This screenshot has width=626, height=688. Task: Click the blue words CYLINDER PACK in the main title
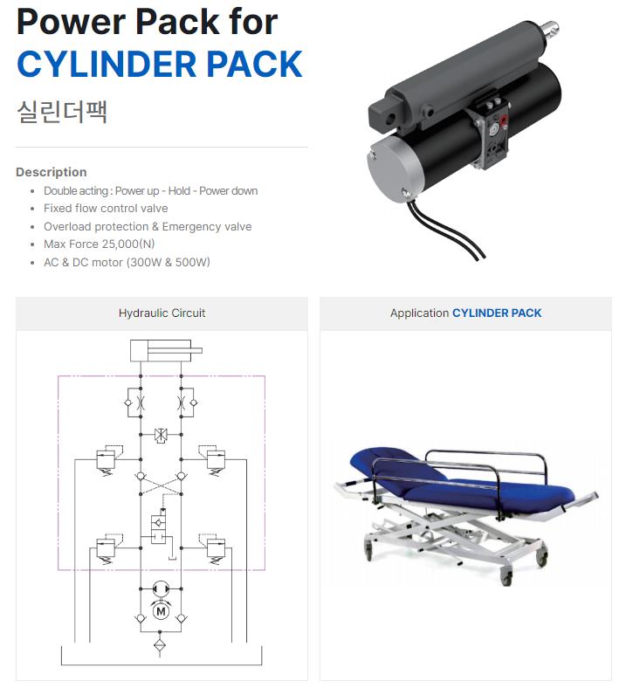tap(160, 64)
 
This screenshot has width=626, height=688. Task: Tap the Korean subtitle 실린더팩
tap(62, 112)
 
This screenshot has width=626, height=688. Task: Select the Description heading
tap(52, 172)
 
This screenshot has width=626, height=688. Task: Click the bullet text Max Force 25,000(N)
tap(100, 244)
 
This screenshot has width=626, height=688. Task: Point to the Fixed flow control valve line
tap(106, 209)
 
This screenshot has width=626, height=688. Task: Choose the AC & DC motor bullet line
tap(127, 263)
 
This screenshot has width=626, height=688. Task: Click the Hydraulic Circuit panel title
tap(162, 313)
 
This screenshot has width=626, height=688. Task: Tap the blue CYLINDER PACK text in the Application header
tap(497, 313)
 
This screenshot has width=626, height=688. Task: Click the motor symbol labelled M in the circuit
tap(161, 611)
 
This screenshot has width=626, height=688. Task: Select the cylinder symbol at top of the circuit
tap(166, 351)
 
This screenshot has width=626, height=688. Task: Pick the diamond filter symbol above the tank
tap(161, 646)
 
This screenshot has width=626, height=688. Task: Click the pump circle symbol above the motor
tap(161, 588)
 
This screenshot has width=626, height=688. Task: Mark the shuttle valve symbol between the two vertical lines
tap(161, 435)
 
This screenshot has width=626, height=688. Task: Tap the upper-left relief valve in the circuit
tap(107, 460)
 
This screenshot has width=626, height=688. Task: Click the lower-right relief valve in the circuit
tap(214, 548)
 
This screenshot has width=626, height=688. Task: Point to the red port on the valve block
tap(504, 120)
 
